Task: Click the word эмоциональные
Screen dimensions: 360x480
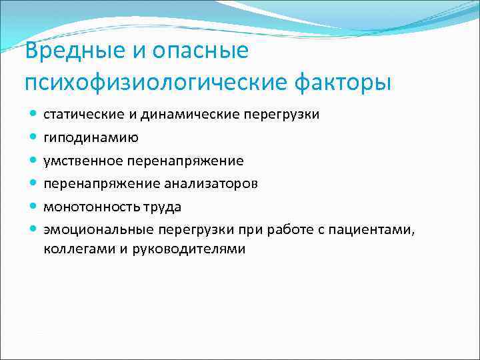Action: point(99,230)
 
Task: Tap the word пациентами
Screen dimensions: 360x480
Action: point(378,230)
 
